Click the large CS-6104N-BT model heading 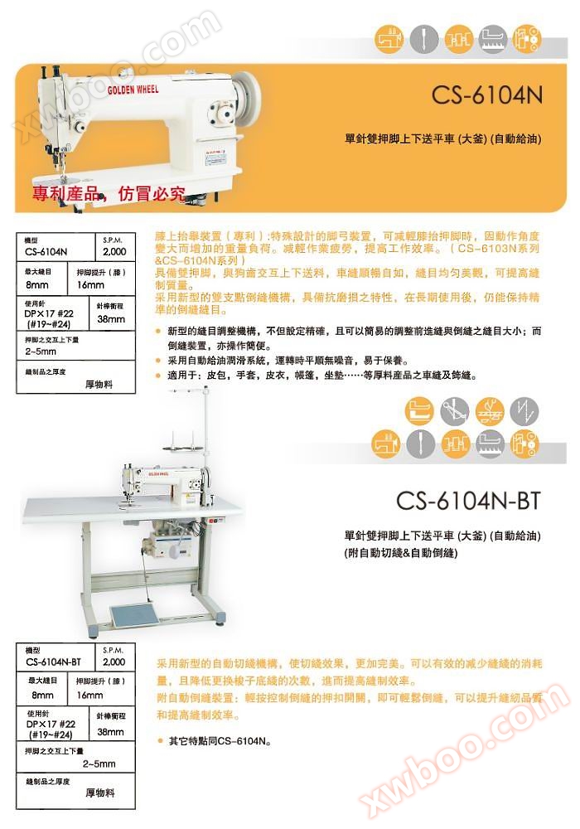(468, 501)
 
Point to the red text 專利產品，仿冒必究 (109, 196)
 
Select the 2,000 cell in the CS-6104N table (114, 250)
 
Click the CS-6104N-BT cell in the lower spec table (53, 662)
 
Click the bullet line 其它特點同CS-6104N (220, 740)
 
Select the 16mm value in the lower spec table (89, 696)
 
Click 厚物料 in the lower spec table (99, 793)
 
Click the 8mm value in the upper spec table (37, 284)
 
